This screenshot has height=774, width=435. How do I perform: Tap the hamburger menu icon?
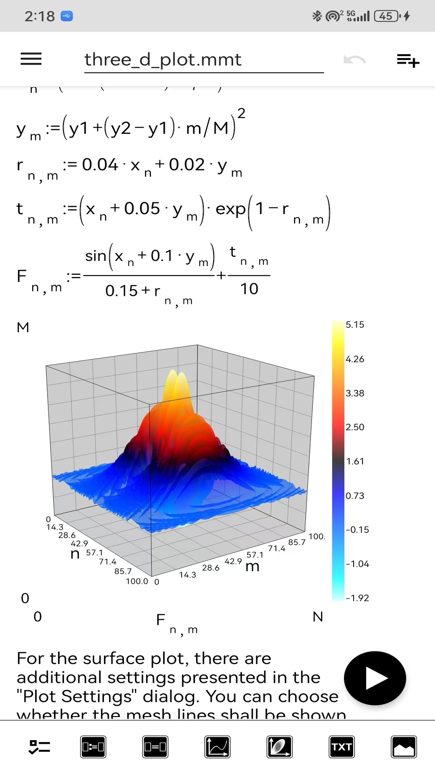point(31,59)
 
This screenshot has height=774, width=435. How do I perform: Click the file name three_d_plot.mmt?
point(163,60)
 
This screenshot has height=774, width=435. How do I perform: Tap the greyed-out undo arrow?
point(354,60)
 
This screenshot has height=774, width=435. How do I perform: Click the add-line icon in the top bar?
point(408,60)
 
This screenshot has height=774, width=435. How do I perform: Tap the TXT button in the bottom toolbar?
point(342,747)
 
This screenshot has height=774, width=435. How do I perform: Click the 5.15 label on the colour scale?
point(355,325)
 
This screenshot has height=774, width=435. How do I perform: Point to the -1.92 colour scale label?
point(357,598)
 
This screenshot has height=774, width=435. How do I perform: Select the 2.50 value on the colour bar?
point(355,427)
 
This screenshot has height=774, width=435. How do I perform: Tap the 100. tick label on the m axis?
point(317,537)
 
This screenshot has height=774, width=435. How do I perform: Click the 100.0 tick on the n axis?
point(137,581)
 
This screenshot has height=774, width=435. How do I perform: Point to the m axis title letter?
point(253,566)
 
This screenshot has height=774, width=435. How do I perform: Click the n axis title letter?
point(75,553)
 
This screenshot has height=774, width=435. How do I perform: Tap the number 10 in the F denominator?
point(249,289)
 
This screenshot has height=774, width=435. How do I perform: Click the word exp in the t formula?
point(230,209)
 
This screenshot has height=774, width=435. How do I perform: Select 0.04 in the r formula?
point(100,164)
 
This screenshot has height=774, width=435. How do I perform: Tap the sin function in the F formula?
point(95,256)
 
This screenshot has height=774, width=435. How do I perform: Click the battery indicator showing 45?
point(386,16)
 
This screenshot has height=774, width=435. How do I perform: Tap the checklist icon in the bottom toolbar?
point(39,747)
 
